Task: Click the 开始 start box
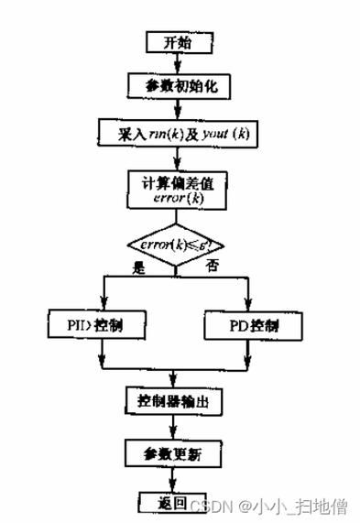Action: click(180, 42)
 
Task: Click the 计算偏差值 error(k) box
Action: click(177, 189)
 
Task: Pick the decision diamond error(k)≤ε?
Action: click(176, 245)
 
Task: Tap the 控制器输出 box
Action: click(174, 400)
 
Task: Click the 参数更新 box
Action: click(174, 452)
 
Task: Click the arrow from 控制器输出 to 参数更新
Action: click(174, 427)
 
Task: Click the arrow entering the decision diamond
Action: click(176, 218)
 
